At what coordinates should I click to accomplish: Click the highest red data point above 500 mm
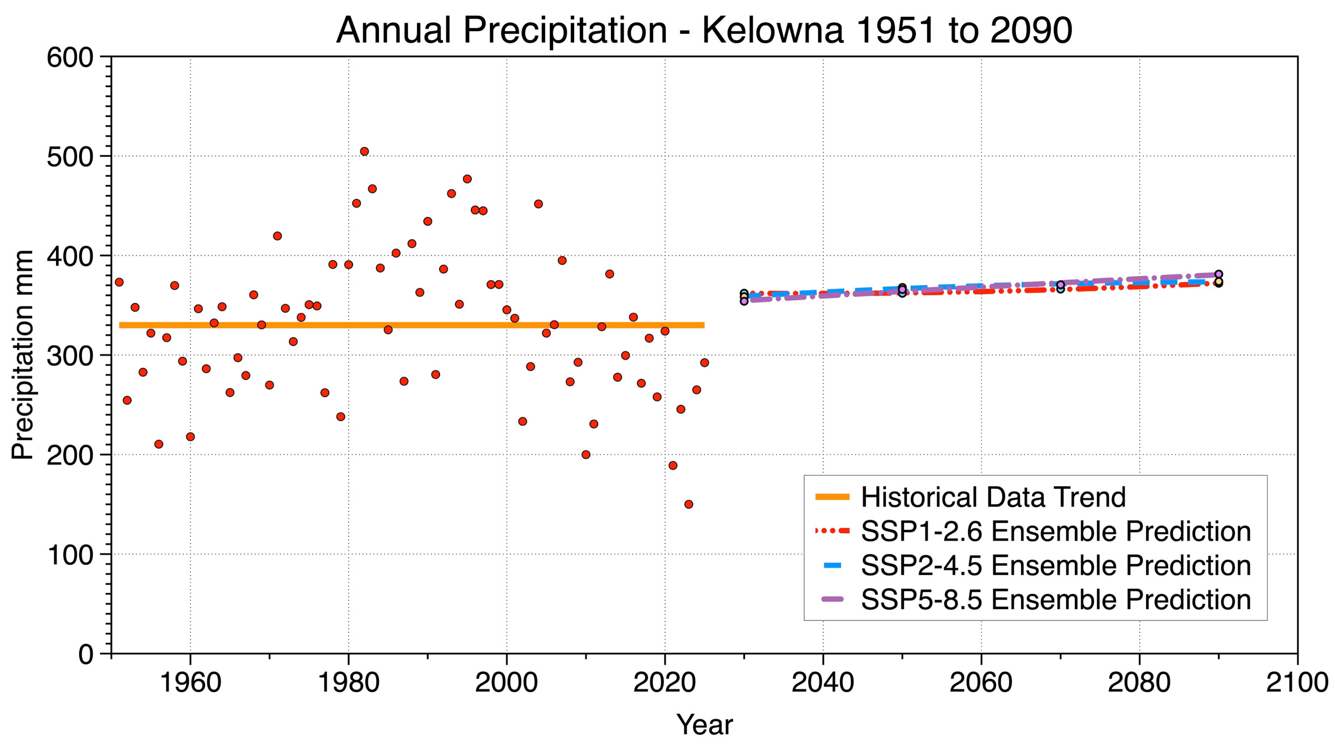(x=364, y=152)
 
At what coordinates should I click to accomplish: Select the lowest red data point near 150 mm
(x=688, y=504)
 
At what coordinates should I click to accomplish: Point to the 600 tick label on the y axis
(x=70, y=58)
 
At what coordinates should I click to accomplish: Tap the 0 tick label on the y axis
(x=86, y=654)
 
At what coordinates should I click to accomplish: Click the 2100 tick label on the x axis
(x=1297, y=683)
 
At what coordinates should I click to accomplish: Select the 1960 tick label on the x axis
(x=191, y=683)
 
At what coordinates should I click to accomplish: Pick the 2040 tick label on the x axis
(x=822, y=683)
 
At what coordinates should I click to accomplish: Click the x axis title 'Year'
(x=704, y=724)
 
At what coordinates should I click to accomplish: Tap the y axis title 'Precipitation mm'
(x=23, y=355)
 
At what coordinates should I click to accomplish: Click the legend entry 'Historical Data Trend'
(x=993, y=497)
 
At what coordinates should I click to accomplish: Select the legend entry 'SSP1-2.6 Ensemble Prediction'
(x=1056, y=531)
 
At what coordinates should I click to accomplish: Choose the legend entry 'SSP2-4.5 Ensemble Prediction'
(x=1056, y=565)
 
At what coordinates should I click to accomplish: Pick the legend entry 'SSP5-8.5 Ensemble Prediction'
(x=1056, y=599)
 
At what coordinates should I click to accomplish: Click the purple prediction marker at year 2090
(x=1218, y=274)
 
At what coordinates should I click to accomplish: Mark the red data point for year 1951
(x=119, y=282)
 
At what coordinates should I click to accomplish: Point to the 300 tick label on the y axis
(x=70, y=356)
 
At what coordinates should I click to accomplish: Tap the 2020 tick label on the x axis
(x=664, y=683)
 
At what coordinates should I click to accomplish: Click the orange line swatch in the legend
(x=832, y=497)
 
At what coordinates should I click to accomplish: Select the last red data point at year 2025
(x=704, y=362)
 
